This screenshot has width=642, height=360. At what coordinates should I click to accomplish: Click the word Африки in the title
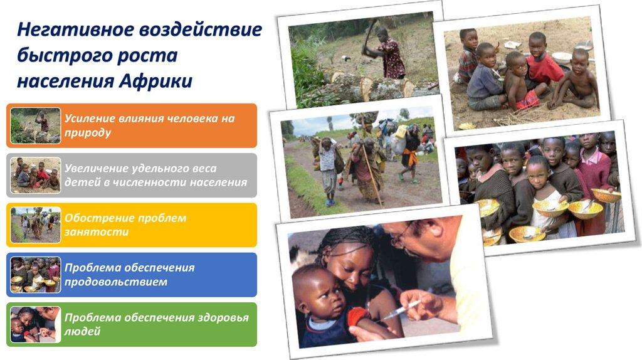pyautogui.click(x=155, y=80)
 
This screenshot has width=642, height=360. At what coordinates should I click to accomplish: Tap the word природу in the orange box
pyautogui.click(x=88, y=133)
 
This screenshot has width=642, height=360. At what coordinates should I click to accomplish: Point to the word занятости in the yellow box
pyautogui.click(x=97, y=232)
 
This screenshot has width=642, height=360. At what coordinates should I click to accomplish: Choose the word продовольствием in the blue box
pyautogui.click(x=116, y=282)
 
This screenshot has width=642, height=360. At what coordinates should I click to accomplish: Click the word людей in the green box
pyautogui.click(x=82, y=331)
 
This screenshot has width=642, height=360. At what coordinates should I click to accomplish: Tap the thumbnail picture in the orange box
pyautogui.click(x=36, y=125)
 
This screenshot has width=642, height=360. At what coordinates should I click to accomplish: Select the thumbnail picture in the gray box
pyautogui.click(x=36, y=175)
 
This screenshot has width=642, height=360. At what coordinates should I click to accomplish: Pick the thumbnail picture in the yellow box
pyautogui.click(x=36, y=225)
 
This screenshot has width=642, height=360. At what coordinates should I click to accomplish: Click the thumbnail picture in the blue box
pyautogui.click(x=36, y=275)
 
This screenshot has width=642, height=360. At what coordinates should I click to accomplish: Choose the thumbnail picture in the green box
pyautogui.click(x=36, y=324)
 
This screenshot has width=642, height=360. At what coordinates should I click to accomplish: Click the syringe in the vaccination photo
pyautogui.click(x=399, y=310)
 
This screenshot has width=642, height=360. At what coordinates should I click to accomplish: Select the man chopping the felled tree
pyautogui.click(x=387, y=53)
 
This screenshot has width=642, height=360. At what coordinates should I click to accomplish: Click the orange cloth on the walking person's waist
pyautogui.click(x=410, y=156)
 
